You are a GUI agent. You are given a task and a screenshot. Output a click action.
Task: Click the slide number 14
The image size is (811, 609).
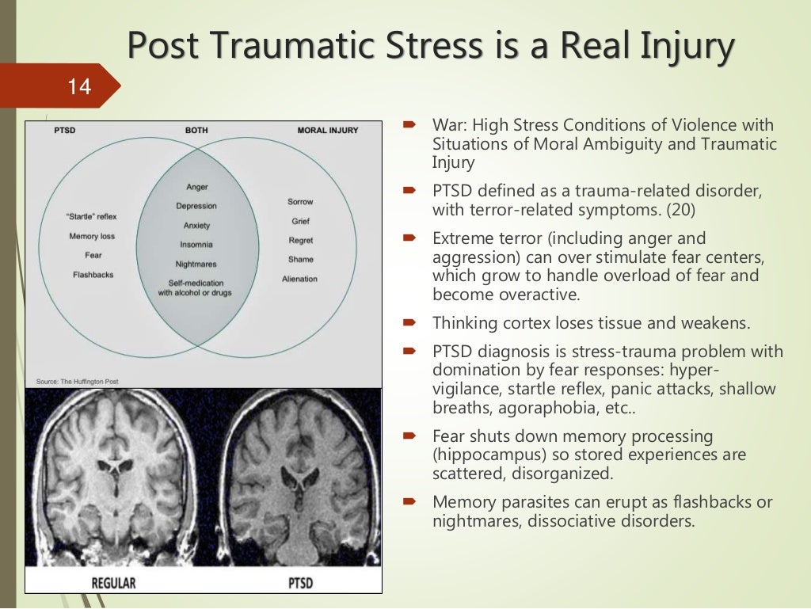(79, 86)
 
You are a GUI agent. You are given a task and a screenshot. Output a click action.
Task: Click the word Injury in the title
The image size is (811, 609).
(683, 48)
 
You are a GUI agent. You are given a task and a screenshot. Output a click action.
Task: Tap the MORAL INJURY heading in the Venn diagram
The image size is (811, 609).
(327, 130)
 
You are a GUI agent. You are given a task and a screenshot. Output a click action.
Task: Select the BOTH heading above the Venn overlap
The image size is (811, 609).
(196, 130)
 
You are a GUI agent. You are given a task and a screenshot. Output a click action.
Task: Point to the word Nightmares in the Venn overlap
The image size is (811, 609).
(196, 264)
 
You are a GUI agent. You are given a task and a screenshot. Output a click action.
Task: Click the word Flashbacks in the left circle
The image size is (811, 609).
(93, 275)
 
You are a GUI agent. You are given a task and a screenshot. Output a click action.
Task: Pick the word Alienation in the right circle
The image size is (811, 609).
(299, 279)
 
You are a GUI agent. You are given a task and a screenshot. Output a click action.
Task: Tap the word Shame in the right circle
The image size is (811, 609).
(301, 259)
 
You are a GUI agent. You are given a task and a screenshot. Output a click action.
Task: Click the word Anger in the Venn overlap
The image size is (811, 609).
(196, 187)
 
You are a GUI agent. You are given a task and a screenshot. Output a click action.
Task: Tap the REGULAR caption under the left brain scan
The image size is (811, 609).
(113, 584)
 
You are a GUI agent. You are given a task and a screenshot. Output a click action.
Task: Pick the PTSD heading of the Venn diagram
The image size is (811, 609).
(64, 130)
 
